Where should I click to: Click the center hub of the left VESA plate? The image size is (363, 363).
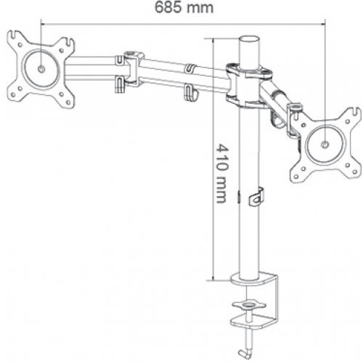41,68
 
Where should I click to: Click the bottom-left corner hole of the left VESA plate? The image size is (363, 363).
13,92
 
